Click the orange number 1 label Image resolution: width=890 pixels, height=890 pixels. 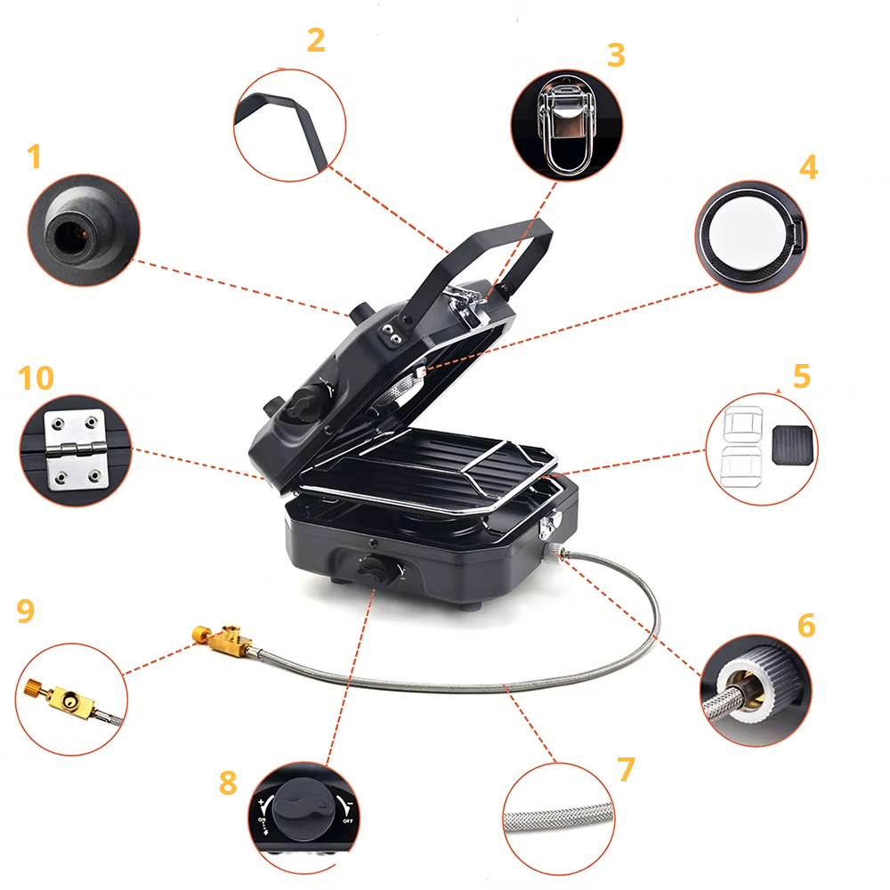pos(34,157)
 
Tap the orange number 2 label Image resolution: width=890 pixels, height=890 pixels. pos(316,39)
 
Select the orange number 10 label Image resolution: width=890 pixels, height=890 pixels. pos(36,377)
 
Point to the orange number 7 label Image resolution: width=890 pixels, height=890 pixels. pos(627,769)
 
